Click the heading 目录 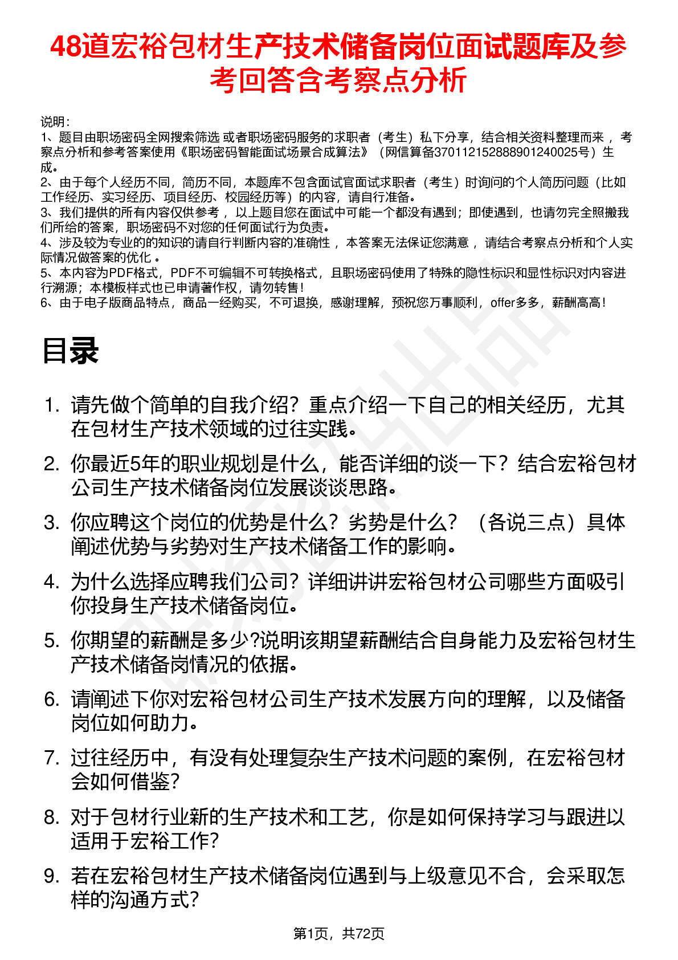coord(71,351)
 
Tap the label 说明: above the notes coord(55,122)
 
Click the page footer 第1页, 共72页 coord(338,933)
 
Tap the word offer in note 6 coord(502,303)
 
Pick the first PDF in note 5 coord(121,273)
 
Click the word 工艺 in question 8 coord(348,817)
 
